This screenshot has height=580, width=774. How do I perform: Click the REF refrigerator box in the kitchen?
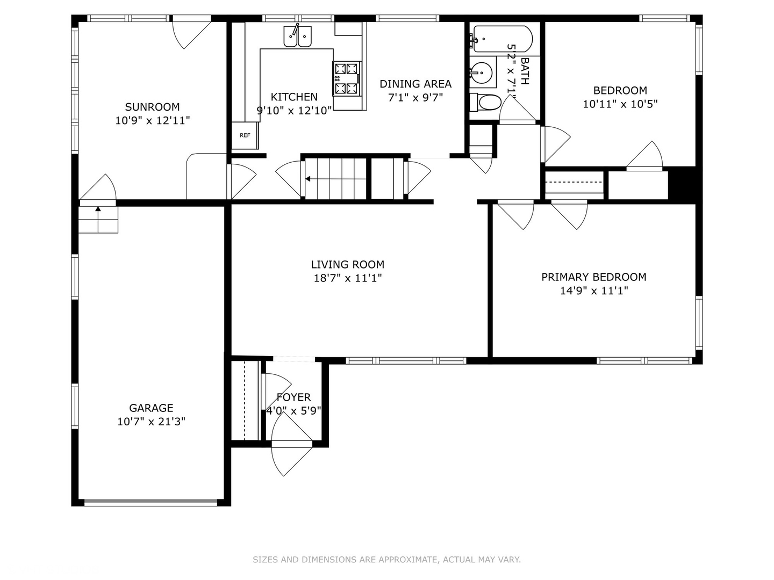(x=245, y=135)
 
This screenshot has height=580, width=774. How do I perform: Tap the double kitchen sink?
(x=297, y=37)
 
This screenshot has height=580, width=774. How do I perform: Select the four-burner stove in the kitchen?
(x=346, y=78)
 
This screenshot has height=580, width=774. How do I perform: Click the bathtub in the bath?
(x=503, y=39)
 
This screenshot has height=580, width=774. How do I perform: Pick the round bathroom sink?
(x=482, y=72)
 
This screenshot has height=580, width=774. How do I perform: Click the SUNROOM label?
(x=152, y=107)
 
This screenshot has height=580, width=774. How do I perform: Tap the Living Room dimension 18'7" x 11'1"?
(x=347, y=278)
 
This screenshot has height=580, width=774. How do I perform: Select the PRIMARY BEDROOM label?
(x=593, y=277)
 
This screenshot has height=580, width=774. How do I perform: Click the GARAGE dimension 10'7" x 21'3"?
(x=151, y=422)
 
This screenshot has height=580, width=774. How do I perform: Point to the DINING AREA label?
(x=415, y=84)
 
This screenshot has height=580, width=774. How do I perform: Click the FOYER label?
(x=293, y=397)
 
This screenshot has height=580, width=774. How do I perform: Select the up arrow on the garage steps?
(x=98, y=210)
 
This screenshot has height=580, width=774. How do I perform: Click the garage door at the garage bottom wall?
(x=151, y=503)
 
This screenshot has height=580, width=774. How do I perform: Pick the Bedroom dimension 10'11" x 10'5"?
(x=620, y=104)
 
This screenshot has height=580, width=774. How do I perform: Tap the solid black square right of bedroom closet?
(x=682, y=185)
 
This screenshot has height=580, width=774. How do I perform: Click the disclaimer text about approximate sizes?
(x=386, y=560)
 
